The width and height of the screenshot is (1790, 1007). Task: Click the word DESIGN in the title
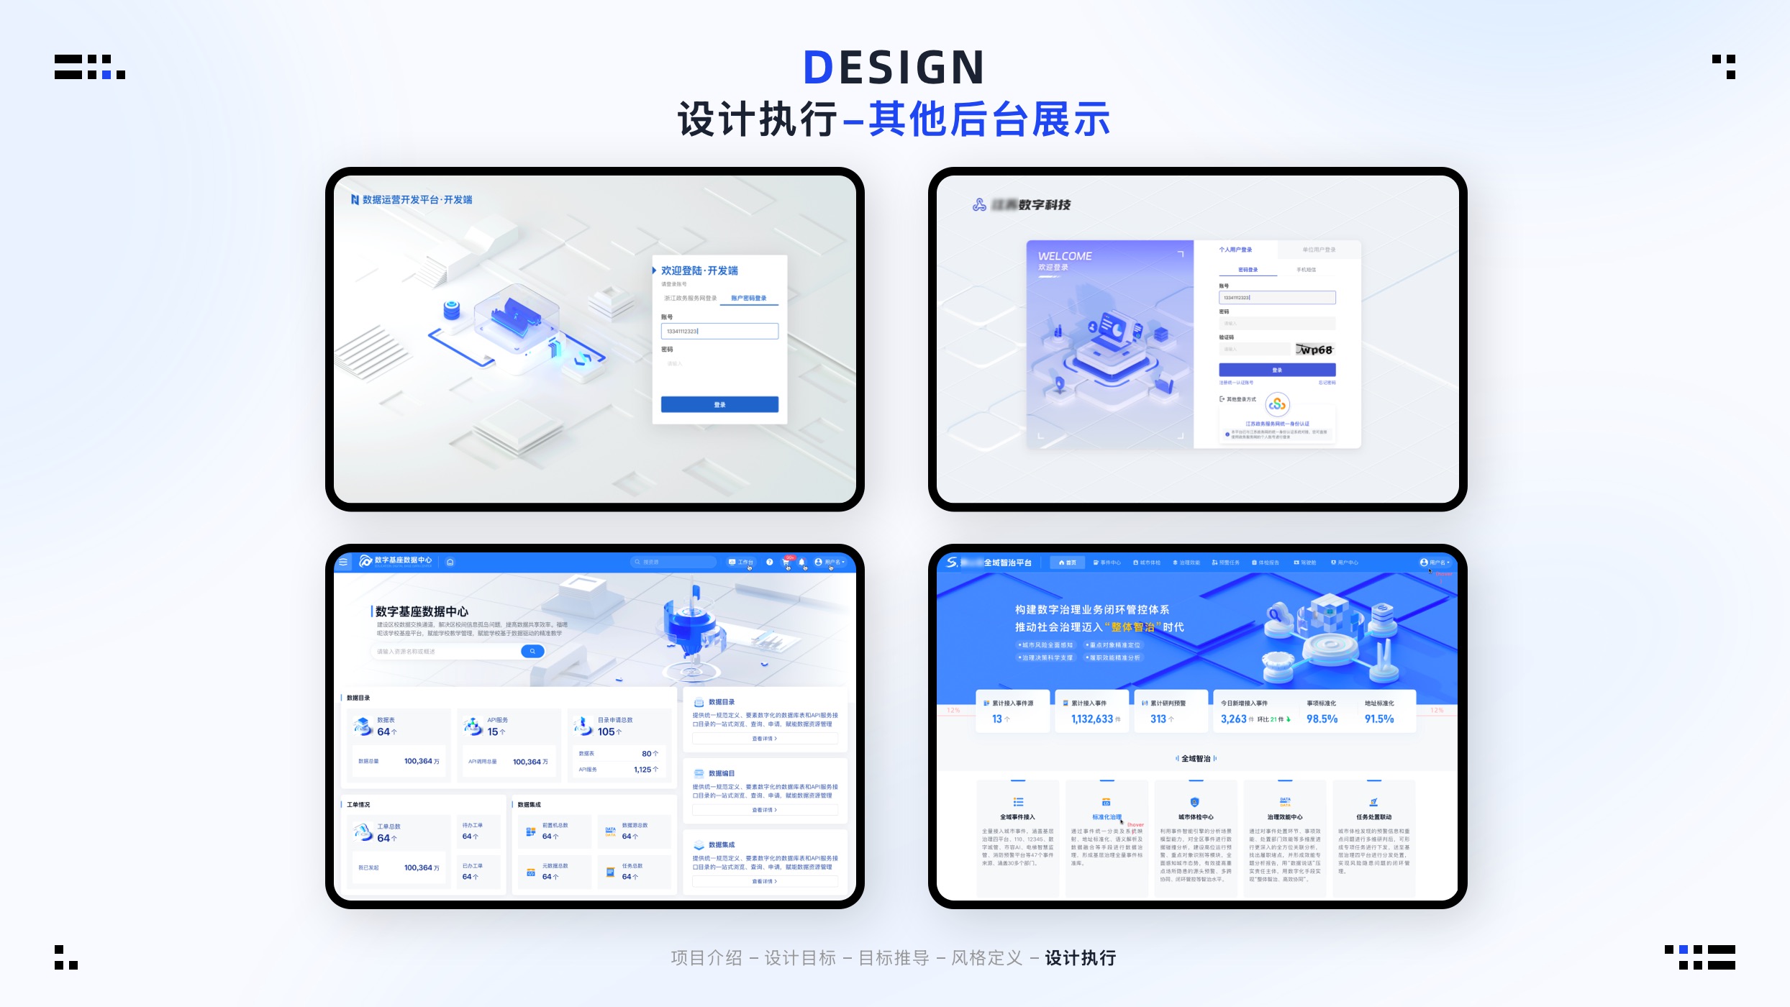[x=894, y=68]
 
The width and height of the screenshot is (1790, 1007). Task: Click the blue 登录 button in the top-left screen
[x=719, y=404]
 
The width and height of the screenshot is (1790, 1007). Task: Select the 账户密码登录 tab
[x=748, y=298]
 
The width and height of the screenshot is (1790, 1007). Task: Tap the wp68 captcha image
[x=1315, y=350]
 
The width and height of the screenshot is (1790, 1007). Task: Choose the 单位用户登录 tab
[x=1319, y=250]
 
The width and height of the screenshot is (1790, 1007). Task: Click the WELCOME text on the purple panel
[x=1065, y=256]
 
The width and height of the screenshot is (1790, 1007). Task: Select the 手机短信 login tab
[x=1306, y=270]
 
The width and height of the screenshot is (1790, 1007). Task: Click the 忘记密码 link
[x=1327, y=383]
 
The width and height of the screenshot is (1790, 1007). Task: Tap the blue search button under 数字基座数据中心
[x=532, y=651]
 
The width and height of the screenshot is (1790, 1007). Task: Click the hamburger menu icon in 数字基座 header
[x=343, y=562]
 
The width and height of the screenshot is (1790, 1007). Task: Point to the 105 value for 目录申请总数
[x=606, y=732]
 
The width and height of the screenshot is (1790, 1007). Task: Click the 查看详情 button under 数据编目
[x=764, y=810]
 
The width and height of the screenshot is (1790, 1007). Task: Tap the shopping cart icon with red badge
[x=786, y=562]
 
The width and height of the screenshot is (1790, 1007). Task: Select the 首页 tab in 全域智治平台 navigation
[x=1068, y=562]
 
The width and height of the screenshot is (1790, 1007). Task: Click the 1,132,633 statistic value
[x=1092, y=719]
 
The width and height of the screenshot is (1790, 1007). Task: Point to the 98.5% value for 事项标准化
[x=1322, y=719]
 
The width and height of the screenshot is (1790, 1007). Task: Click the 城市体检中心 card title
[x=1195, y=817]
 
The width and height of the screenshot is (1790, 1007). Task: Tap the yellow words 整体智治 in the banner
[x=1132, y=627]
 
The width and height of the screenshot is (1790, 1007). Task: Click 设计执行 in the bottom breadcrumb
[x=1080, y=958]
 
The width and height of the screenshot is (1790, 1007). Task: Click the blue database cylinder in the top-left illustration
[x=451, y=309]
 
